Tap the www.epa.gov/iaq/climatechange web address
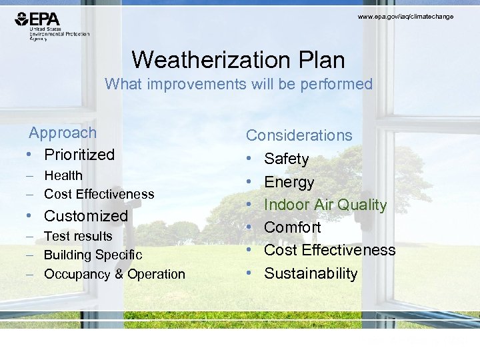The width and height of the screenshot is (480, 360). tap(405, 16)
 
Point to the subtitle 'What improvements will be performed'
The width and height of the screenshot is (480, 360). tap(239, 84)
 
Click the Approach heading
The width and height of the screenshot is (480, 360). tap(62, 133)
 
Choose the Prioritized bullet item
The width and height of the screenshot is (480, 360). tap(79, 154)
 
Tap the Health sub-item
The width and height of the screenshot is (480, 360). tap(63, 175)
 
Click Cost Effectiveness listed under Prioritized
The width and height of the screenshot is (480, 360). tap(99, 194)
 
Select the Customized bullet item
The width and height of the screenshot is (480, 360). tap(85, 215)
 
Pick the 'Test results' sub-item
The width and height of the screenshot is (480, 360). tap(78, 236)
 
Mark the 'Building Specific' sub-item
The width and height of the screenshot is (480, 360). tap(93, 255)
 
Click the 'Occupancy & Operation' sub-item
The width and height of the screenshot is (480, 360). tap(114, 274)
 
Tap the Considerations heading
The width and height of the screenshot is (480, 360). tap(299, 135)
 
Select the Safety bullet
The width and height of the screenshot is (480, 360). tap(286, 159)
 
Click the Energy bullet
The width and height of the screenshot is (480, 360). tap(289, 182)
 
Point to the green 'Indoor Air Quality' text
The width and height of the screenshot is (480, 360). tap(325, 205)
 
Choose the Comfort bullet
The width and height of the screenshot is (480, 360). tap(292, 227)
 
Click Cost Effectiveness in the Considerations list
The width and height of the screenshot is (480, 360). tap(329, 250)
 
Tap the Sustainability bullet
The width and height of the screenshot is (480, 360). tap(311, 273)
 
